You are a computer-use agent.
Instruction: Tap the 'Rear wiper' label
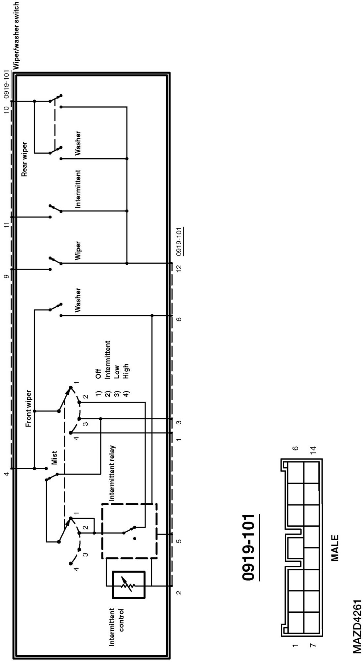[x=24, y=159]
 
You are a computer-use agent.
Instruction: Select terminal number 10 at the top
[x=7, y=109]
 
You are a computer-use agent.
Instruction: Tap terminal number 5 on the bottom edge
[x=179, y=542]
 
